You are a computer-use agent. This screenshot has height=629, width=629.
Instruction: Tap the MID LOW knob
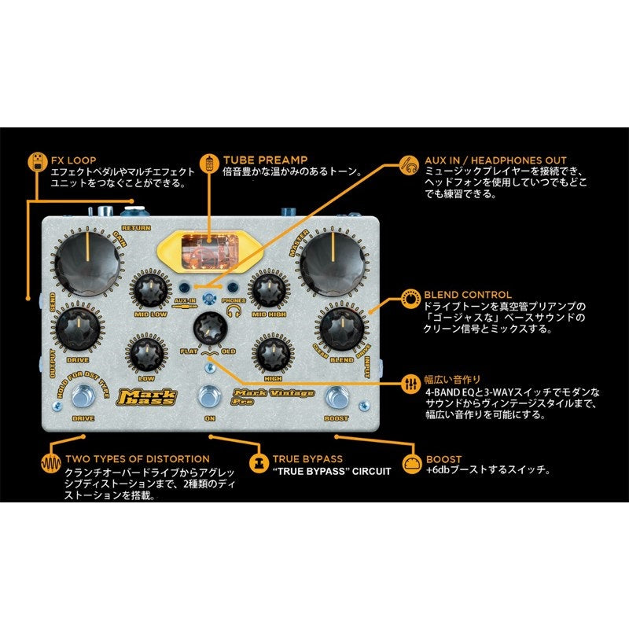pos(149,293)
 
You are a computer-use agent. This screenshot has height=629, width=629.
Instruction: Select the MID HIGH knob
pos(267,293)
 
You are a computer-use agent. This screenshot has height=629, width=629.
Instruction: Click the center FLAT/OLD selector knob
pos(209,326)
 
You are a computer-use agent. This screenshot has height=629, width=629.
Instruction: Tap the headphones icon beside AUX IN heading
pos(409,165)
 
